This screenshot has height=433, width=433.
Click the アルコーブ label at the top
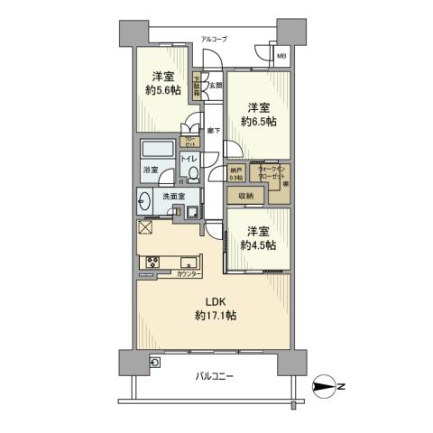pos(215,41)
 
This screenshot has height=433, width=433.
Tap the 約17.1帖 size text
pos(215,316)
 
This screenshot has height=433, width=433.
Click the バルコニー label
pos(215,375)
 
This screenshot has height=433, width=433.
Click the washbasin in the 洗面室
pos(146,199)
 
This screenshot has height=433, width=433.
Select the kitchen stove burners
pos(151,263)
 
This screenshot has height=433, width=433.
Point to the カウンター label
pos(188,273)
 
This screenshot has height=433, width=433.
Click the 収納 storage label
pos(246,195)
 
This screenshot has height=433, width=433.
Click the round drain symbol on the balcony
pos(155,363)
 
